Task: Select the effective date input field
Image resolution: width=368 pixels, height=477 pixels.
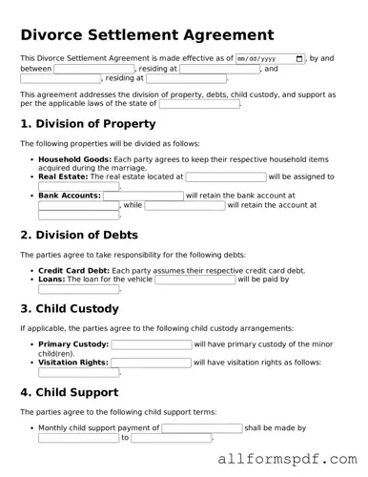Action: coord(270,58)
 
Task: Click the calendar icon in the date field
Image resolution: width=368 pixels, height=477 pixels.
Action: coord(300,58)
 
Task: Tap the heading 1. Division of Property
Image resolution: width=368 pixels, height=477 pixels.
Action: coord(88,124)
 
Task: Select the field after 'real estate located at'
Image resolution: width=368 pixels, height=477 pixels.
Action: coord(225,176)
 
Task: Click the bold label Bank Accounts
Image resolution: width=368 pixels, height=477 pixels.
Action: coord(69,196)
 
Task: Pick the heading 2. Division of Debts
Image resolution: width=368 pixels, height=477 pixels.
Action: coord(79,235)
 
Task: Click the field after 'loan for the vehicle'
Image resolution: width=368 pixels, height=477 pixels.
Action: coord(194,280)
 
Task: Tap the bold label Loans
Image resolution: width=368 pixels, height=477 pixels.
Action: coord(51,280)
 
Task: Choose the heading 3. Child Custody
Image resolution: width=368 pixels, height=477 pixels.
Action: coord(70,309)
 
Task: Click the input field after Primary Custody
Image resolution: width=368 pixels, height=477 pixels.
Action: coord(151,344)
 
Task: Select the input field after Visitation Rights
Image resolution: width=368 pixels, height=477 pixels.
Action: coord(151,363)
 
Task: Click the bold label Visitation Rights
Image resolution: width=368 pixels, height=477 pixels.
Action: coord(73,363)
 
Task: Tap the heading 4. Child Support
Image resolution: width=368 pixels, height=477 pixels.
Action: coord(70,392)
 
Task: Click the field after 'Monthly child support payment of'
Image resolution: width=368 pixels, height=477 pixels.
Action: coord(201,428)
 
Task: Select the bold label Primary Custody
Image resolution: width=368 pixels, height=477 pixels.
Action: coord(73,344)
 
